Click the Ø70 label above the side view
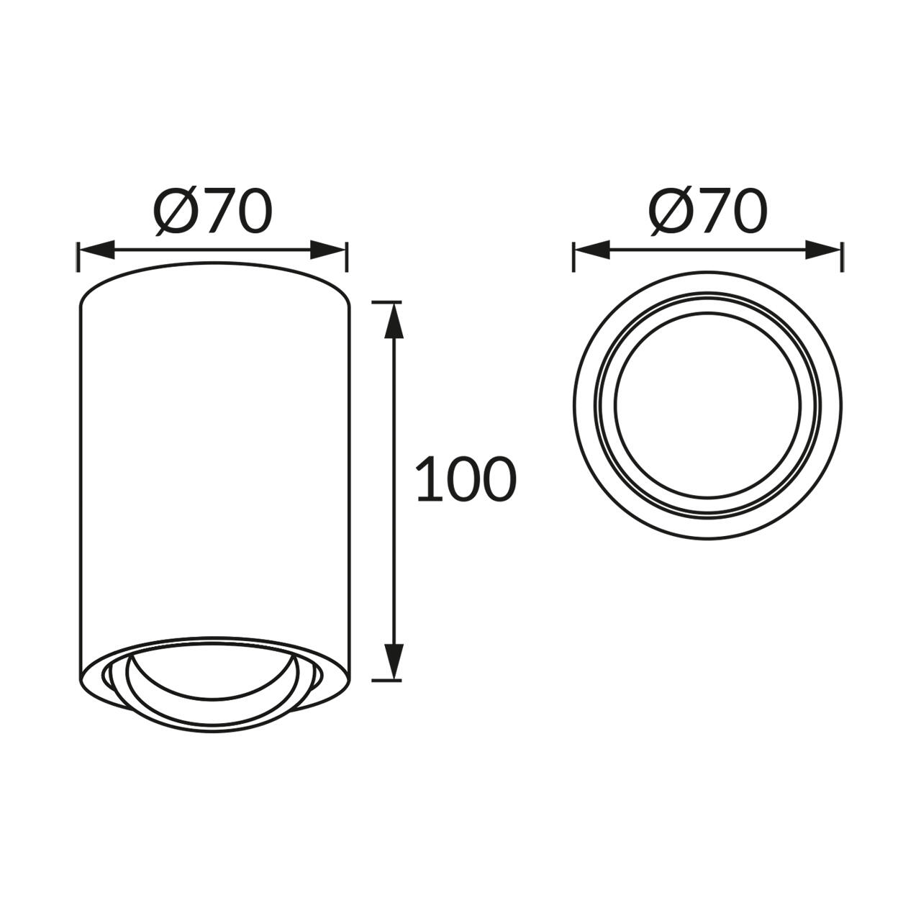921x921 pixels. pyautogui.click(x=213, y=212)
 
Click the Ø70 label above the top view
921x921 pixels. pyautogui.click(x=708, y=212)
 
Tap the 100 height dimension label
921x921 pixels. pyautogui.click(x=466, y=478)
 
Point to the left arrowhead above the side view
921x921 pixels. pyautogui.click(x=97, y=250)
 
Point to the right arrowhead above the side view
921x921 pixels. pyautogui.click(x=327, y=250)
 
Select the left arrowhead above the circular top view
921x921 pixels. pyautogui.click(x=592, y=250)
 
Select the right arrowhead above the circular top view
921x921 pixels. pyautogui.click(x=822, y=250)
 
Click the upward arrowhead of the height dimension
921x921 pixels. pyautogui.click(x=394, y=320)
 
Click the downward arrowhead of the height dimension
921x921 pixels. pyautogui.click(x=394, y=661)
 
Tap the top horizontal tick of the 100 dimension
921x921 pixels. pyautogui.click(x=386, y=302)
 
